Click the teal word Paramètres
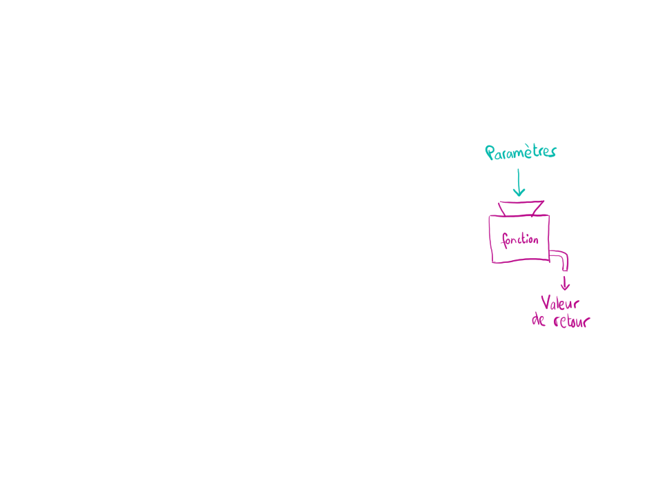(x=521, y=152)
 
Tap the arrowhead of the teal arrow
(x=519, y=193)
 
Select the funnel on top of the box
(x=521, y=208)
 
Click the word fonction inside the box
(x=520, y=240)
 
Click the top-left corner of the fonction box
(x=490, y=217)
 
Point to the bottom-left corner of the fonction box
(x=493, y=263)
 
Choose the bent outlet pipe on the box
(x=562, y=258)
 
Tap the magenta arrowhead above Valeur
(x=566, y=286)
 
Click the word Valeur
(x=560, y=303)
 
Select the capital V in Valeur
(x=545, y=302)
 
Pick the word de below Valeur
(x=539, y=321)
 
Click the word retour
(x=572, y=322)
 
